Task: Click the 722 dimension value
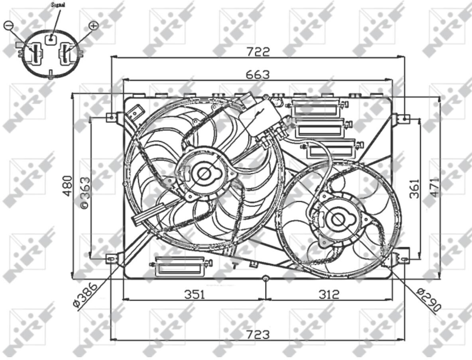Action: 258,52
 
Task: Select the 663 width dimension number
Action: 258,74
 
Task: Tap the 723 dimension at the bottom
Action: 258,334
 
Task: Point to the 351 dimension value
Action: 195,294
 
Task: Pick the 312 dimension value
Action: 329,294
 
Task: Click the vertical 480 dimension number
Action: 68,186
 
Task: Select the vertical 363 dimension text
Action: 85,192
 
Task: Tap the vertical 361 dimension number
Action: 415,189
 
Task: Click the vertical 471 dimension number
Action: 435,188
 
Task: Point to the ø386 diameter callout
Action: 85,295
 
